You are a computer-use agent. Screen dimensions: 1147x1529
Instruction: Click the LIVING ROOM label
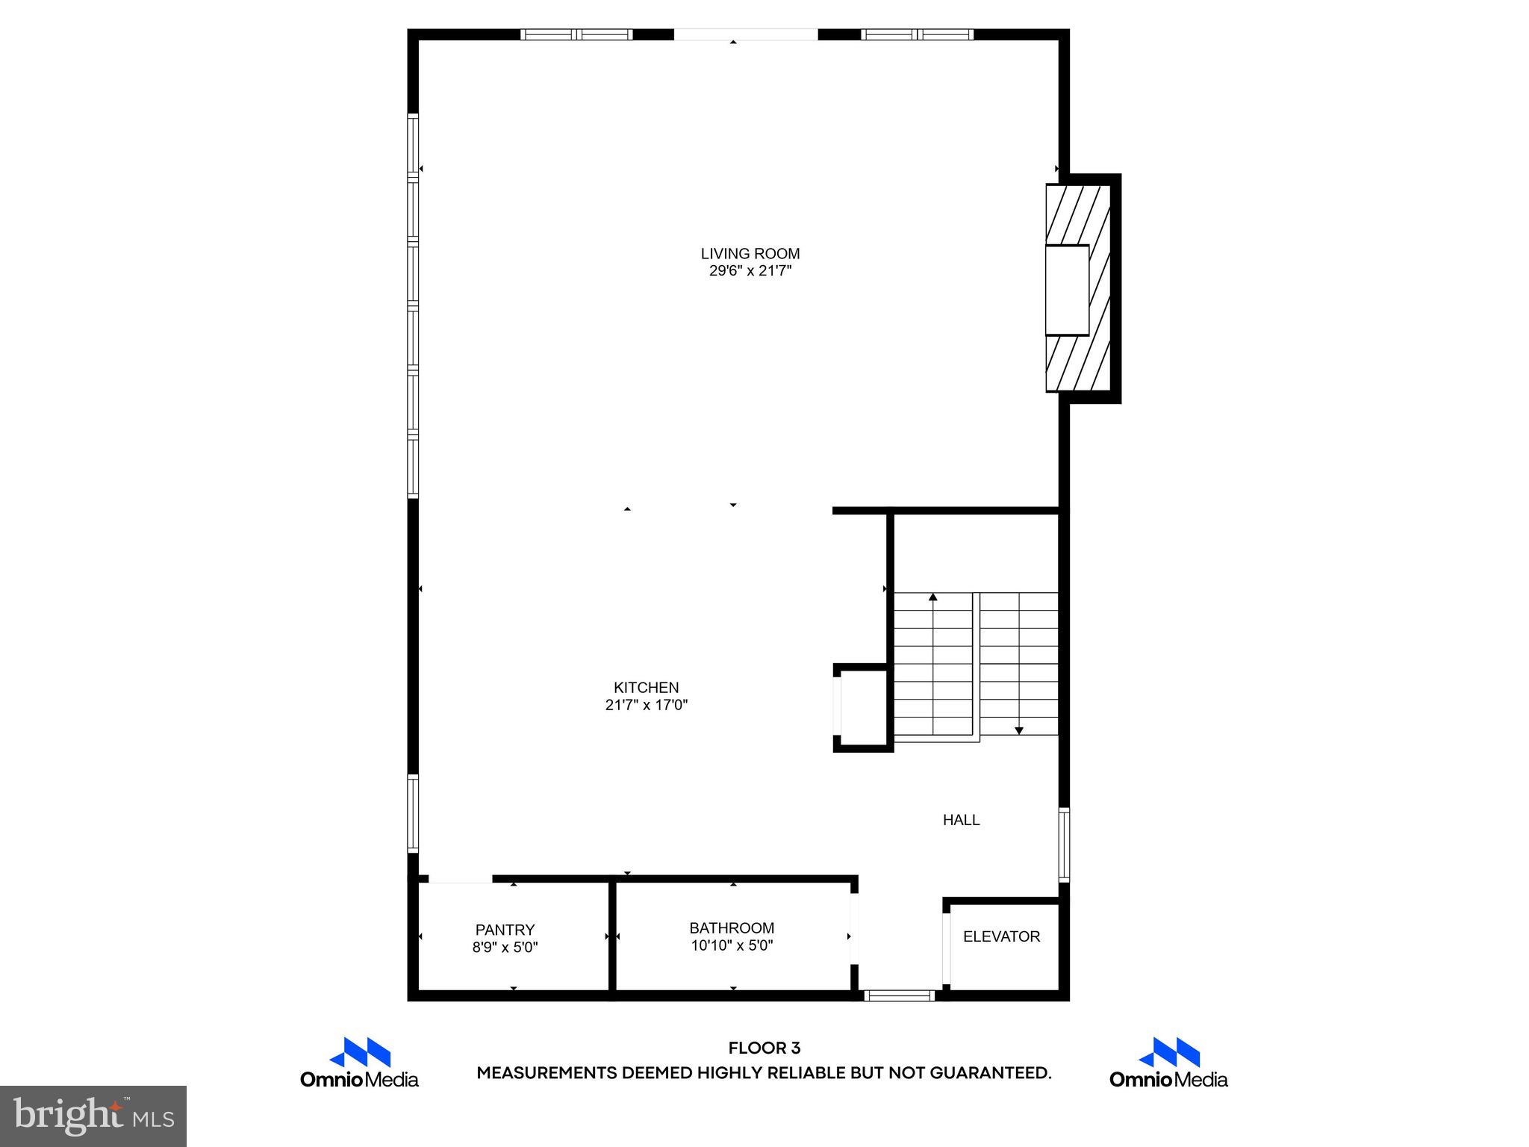tap(750, 254)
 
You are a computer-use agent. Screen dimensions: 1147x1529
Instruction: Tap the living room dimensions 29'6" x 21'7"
tap(750, 271)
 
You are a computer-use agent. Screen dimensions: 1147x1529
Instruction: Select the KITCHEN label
tap(646, 688)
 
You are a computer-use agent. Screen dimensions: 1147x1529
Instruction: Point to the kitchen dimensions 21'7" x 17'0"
tap(646, 705)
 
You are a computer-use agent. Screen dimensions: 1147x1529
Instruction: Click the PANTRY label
tap(505, 930)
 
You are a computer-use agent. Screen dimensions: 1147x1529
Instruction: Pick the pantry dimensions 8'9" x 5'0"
tap(505, 948)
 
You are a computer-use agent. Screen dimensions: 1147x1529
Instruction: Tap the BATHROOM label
tap(731, 928)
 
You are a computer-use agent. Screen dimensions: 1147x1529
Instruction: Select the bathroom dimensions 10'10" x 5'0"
tap(731, 946)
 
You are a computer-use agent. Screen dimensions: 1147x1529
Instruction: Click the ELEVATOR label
tap(1001, 936)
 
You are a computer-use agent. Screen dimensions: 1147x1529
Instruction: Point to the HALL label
tap(961, 820)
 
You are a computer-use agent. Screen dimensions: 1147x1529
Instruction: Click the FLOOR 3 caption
tap(764, 1048)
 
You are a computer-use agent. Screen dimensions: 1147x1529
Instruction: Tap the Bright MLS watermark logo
tap(93, 1116)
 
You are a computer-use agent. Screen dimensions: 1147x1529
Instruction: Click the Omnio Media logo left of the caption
tap(359, 1062)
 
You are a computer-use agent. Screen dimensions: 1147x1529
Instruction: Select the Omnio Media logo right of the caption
tap(1168, 1062)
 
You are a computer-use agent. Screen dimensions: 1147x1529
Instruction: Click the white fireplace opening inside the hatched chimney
tap(1066, 290)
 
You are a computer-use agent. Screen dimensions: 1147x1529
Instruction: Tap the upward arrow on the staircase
tap(932, 597)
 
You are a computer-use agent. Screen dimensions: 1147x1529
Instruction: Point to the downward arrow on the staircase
tap(1018, 730)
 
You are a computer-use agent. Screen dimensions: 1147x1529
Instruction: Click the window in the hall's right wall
tap(1064, 845)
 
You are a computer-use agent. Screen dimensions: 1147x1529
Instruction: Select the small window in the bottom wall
tap(899, 995)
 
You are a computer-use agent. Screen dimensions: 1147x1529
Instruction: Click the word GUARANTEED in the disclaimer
tap(990, 1073)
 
